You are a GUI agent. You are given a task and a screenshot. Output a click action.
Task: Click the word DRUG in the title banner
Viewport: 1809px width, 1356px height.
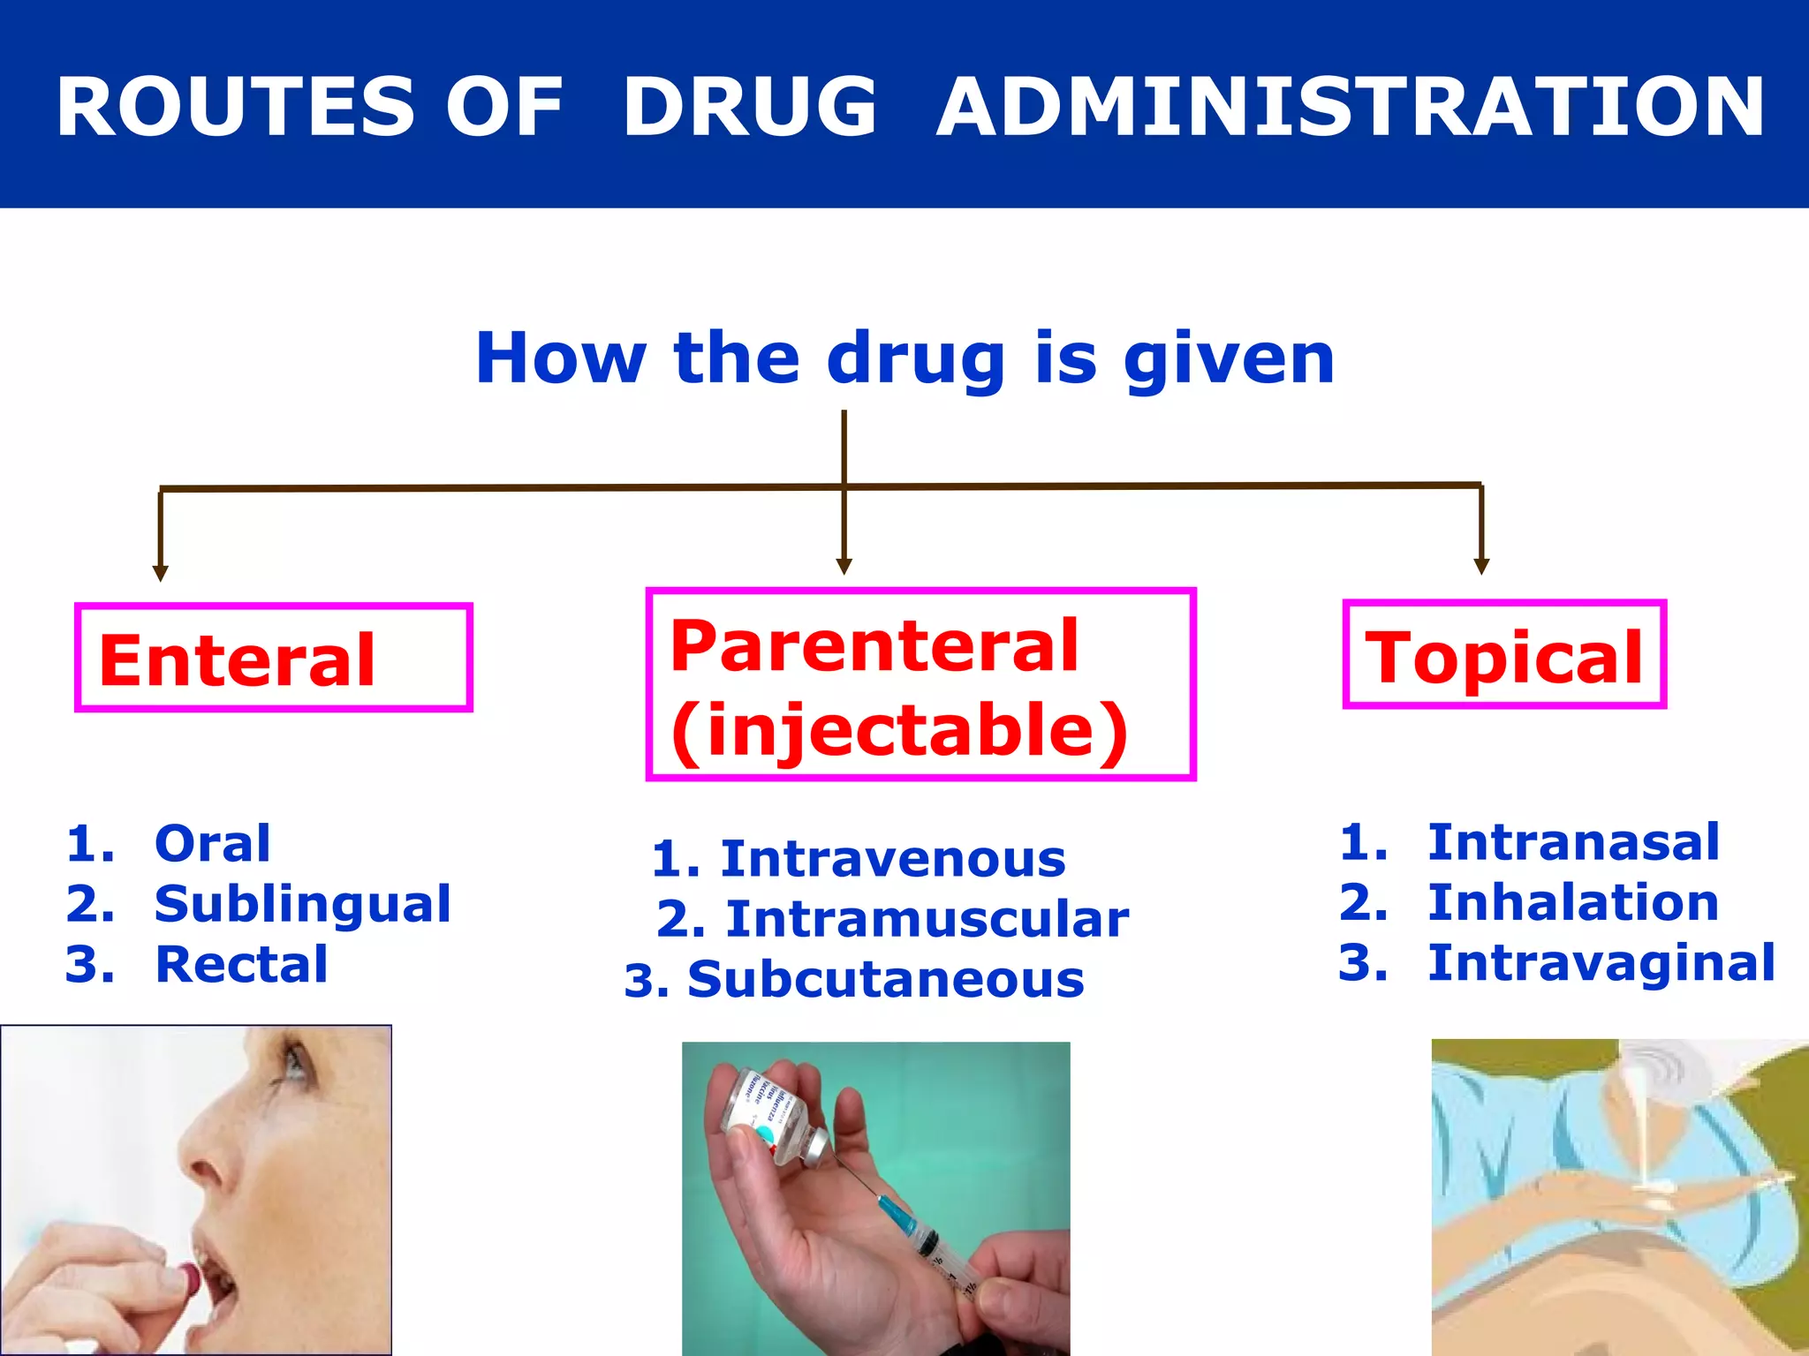749,107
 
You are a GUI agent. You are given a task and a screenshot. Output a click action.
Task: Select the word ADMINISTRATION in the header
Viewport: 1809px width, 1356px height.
1350,107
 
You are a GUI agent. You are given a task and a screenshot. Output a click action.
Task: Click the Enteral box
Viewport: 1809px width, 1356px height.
273,659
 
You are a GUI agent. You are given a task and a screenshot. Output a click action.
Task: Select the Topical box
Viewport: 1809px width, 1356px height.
1503,655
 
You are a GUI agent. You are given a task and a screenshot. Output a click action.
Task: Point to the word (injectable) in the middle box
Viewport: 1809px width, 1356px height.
898,731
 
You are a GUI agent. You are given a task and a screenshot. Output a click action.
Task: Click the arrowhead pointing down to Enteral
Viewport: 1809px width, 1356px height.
160,573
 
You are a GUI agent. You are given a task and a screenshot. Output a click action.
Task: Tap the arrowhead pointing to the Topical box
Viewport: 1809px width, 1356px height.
1481,566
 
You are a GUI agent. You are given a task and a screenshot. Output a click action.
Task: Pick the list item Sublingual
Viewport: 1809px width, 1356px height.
302,904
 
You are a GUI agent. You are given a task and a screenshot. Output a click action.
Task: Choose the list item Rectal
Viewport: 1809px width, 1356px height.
241,964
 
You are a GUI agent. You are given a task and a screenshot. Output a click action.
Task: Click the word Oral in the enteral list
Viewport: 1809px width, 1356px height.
212,843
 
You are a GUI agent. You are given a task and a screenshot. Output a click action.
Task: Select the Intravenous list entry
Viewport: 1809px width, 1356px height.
892,859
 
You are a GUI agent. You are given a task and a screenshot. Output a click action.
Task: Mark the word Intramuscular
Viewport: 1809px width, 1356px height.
927,919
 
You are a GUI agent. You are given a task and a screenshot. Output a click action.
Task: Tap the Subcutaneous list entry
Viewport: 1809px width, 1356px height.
885,980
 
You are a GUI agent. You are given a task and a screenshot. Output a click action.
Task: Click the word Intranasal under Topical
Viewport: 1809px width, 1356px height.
1573,841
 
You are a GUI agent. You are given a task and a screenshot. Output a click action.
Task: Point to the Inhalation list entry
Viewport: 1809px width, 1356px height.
1572,902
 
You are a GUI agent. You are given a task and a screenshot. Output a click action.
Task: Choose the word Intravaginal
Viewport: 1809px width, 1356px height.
1601,962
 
